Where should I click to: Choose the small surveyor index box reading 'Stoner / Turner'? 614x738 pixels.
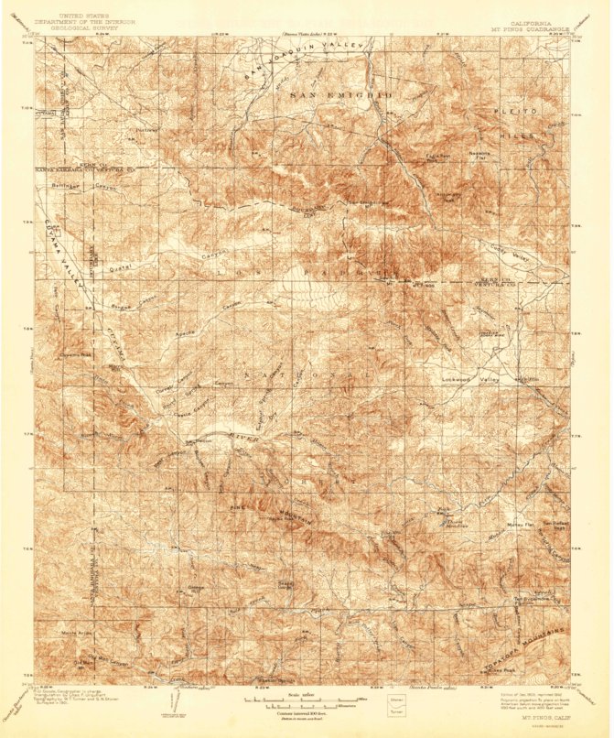pos(399,703)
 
